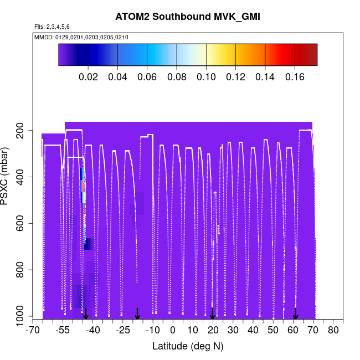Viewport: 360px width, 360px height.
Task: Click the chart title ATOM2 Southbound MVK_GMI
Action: (188, 17)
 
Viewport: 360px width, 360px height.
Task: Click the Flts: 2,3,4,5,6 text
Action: (52, 27)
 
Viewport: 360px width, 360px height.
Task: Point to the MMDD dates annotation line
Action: (81, 38)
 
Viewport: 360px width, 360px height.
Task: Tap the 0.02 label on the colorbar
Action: (88, 77)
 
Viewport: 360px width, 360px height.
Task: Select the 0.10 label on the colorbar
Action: (206, 77)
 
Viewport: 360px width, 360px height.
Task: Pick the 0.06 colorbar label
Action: (147, 77)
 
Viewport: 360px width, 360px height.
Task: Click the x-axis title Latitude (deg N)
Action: (188, 346)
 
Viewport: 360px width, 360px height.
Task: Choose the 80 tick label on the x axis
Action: (333, 330)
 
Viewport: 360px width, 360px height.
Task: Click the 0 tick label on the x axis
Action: (173, 330)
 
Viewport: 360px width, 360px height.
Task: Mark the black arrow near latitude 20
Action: (213, 314)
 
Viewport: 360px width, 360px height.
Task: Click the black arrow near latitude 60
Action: (296, 314)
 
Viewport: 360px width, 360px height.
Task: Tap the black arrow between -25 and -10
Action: (137, 314)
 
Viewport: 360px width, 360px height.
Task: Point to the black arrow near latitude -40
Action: (85, 314)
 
